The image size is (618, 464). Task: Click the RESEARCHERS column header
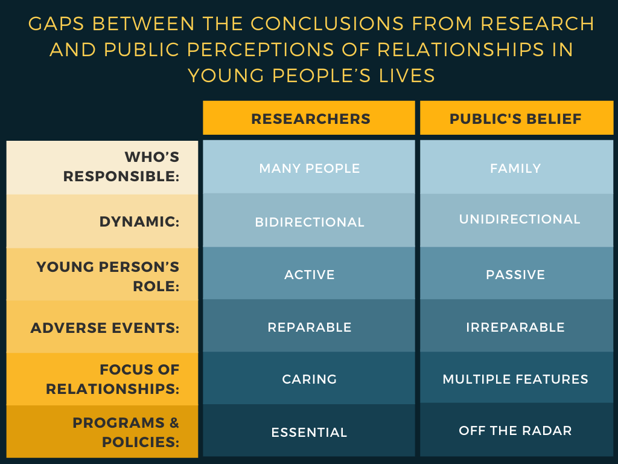309,118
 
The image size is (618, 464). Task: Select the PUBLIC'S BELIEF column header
516,118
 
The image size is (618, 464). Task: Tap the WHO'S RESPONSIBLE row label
121,167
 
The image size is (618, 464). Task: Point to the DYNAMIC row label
139,222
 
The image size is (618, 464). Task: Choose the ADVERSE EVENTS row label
105,328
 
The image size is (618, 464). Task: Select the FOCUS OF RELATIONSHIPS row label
113,379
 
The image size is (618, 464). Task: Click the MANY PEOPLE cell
309,168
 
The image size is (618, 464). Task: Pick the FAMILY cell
516,168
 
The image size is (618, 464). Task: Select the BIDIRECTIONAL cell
309,222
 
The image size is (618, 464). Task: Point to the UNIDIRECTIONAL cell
520,219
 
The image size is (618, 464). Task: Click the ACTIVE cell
309,275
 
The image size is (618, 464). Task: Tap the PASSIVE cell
516,275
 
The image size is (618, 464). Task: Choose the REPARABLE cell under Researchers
309,327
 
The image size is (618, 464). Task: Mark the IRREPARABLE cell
516,327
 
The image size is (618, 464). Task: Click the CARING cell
309,379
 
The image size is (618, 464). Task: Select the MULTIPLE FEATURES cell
516,379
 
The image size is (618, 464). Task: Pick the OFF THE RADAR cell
516,430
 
